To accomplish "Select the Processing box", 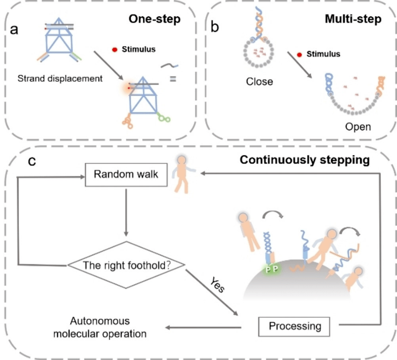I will [x=295, y=325].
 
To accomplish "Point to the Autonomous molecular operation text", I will [x=99, y=327].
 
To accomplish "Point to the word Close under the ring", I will [x=259, y=81].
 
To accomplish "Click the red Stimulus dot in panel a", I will [x=115, y=49].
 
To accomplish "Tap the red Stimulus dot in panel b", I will [x=299, y=54].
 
